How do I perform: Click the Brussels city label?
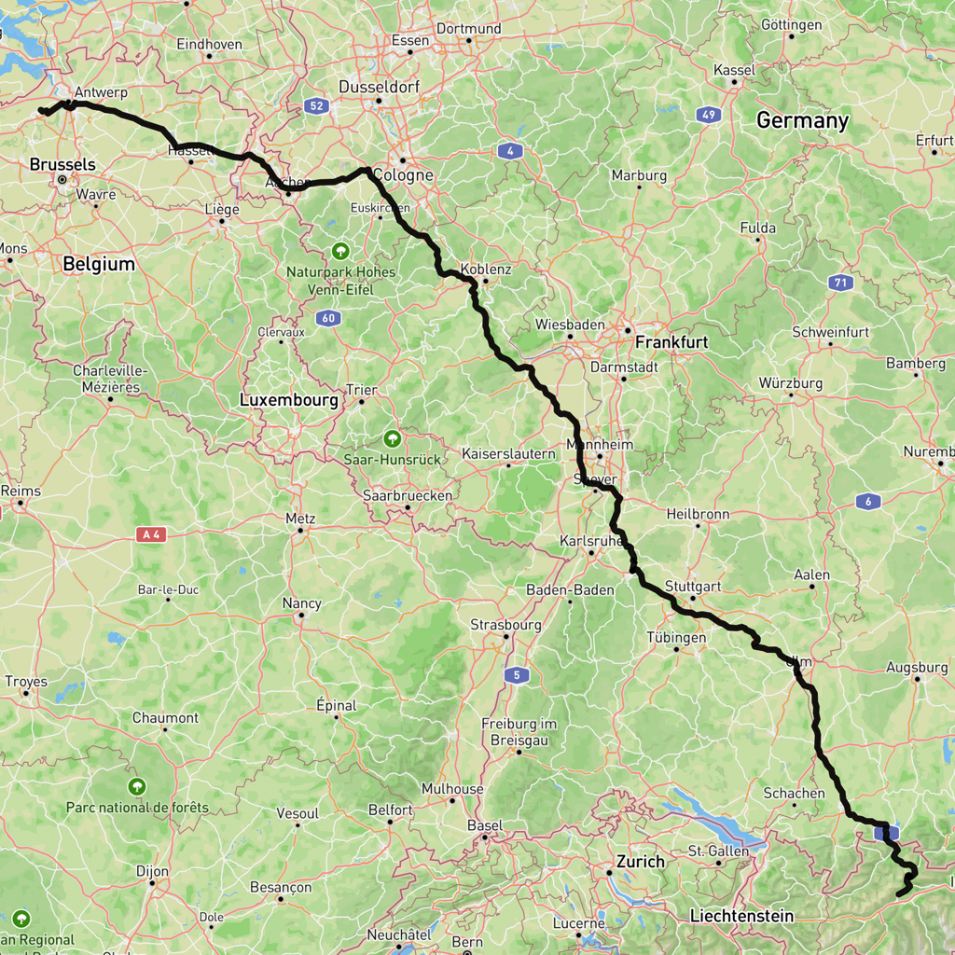tap(62, 164)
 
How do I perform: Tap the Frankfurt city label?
tap(671, 342)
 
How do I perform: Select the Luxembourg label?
tap(288, 400)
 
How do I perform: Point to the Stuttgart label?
tap(694, 587)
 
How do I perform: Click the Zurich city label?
tap(641, 861)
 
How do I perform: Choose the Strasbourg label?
tap(505, 625)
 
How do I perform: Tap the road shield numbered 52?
tap(317, 106)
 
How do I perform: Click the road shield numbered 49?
tap(709, 116)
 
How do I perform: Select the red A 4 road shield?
tap(150, 534)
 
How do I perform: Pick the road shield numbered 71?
tap(841, 283)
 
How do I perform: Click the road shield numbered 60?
tap(327, 318)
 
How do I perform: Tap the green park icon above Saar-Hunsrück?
tap(393, 437)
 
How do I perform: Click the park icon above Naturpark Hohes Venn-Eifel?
tap(339, 251)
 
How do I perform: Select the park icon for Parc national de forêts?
tap(138, 786)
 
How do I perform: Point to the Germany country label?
tap(802, 120)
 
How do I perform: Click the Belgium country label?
tap(99, 264)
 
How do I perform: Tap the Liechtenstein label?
tap(741, 916)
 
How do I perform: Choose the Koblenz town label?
tap(486, 269)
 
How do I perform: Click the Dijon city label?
tap(152, 871)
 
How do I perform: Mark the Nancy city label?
tap(302, 603)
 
